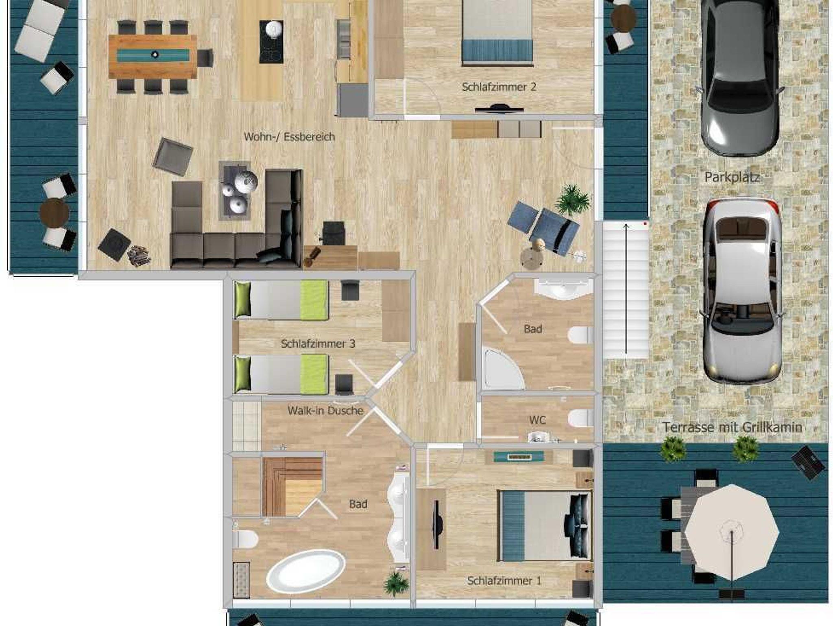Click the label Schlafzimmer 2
499,87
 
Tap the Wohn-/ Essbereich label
289,137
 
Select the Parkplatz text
732,177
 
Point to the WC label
537,420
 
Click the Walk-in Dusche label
325,411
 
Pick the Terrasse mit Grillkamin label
732,427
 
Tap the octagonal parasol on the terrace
732,532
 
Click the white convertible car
742,291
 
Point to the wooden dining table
153,56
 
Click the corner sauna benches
292,486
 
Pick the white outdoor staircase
626,290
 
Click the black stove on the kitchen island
271,42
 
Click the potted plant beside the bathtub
396,584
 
